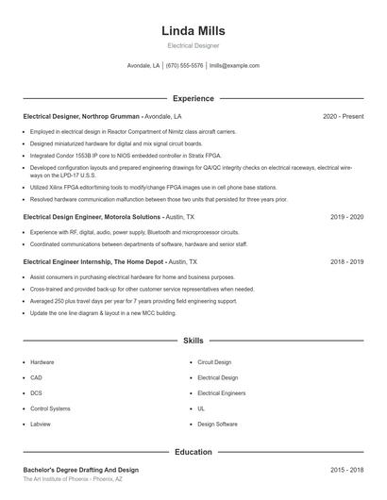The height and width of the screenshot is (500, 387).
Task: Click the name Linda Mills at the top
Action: point(193,30)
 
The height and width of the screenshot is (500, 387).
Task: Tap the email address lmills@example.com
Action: point(234,66)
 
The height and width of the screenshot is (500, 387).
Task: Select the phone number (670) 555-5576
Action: point(184,66)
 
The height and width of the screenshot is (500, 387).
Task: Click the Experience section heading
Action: point(193,98)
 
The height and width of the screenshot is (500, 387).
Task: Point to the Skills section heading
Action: point(193,340)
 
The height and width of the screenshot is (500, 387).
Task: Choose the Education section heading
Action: point(193,452)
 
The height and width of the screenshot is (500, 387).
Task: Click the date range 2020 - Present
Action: point(343,116)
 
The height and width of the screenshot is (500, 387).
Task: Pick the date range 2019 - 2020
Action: point(346,216)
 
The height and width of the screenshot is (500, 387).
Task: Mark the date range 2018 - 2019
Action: point(346,261)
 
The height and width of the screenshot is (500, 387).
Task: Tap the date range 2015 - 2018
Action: point(346,469)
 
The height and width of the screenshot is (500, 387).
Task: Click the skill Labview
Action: point(41,425)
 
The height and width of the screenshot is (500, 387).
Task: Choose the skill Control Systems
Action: point(50,408)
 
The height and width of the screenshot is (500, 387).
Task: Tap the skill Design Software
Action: point(217,425)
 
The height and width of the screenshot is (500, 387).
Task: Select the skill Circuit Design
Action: point(214,361)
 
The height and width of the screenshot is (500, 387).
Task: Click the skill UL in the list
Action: point(201,408)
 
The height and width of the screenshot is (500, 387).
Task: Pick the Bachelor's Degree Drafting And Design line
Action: point(80,469)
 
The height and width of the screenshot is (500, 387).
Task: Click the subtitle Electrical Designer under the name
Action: point(193,45)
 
